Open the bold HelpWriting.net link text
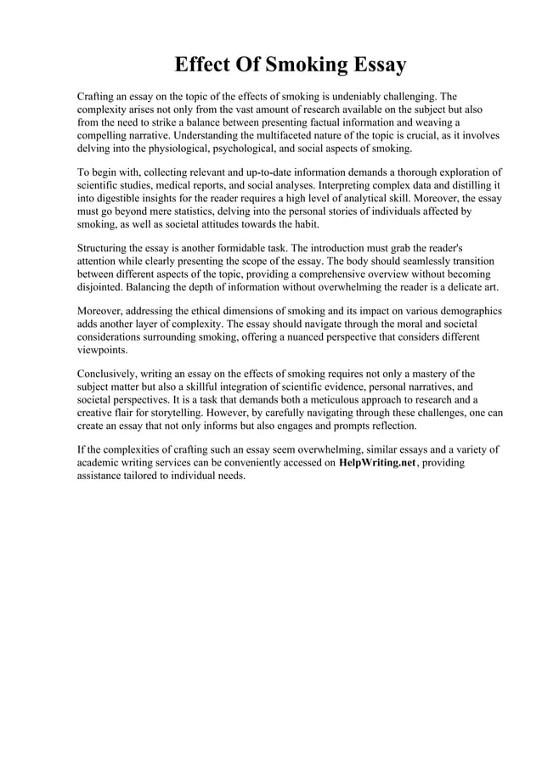tap(381, 463)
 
